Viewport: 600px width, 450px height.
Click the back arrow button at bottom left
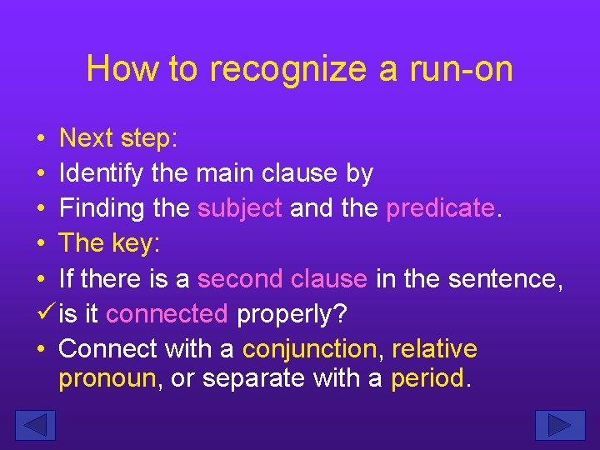tap(35, 425)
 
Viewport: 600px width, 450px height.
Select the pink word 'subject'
tap(240, 208)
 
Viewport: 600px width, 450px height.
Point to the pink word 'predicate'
tap(440, 208)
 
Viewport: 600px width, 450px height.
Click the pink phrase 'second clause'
tap(282, 278)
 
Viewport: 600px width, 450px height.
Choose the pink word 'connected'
tap(167, 313)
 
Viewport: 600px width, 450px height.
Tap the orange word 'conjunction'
tap(309, 348)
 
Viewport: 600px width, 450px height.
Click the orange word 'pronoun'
tap(107, 378)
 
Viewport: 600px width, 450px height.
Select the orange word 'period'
tap(427, 378)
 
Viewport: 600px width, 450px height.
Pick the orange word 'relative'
tap(434, 348)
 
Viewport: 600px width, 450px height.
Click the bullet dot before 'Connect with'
tap(40, 348)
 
